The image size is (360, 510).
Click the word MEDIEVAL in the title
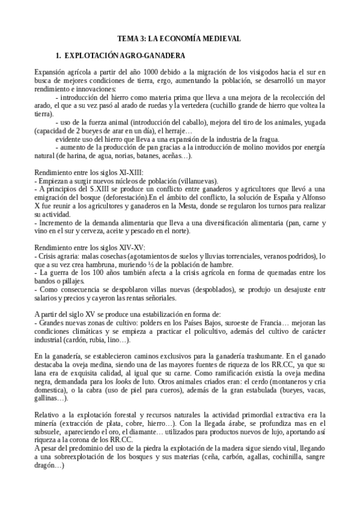(218, 38)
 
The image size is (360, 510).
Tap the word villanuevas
(197, 181)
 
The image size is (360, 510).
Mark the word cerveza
(114, 232)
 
